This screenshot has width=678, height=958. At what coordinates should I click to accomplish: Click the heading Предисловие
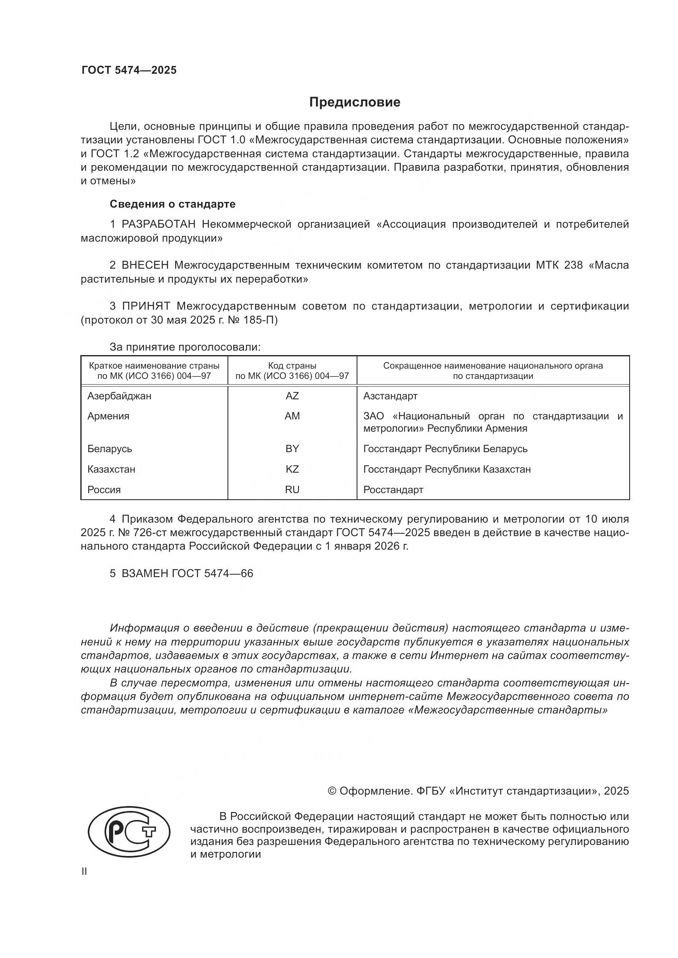click(x=355, y=102)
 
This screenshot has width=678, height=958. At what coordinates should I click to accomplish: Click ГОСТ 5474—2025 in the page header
click(x=129, y=70)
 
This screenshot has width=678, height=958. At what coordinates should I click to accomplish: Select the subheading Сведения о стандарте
click(x=173, y=204)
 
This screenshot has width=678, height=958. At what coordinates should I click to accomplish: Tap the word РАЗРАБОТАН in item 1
click(x=158, y=224)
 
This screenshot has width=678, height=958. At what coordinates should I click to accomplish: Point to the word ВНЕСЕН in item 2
click(x=145, y=265)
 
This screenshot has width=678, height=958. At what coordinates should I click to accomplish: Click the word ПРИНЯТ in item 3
click(x=146, y=306)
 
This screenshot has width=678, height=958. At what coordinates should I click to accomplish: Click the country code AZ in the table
click(x=292, y=396)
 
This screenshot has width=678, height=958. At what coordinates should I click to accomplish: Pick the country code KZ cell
click(x=292, y=469)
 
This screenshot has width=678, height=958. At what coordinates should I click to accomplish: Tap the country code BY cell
click(x=292, y=449)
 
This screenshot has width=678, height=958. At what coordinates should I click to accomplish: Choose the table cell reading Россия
click(x=104, y=490)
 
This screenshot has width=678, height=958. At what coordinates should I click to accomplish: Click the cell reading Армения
click(x=108, y=416)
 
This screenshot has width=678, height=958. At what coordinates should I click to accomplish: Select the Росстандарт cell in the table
click(x=393, y=490)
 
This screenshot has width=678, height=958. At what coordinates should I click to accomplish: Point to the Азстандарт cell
click(x=390, y=396)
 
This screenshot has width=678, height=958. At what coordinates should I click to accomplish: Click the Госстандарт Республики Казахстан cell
click(x=447, y=469)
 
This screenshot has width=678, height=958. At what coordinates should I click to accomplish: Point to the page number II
click(x=84, y=871)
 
